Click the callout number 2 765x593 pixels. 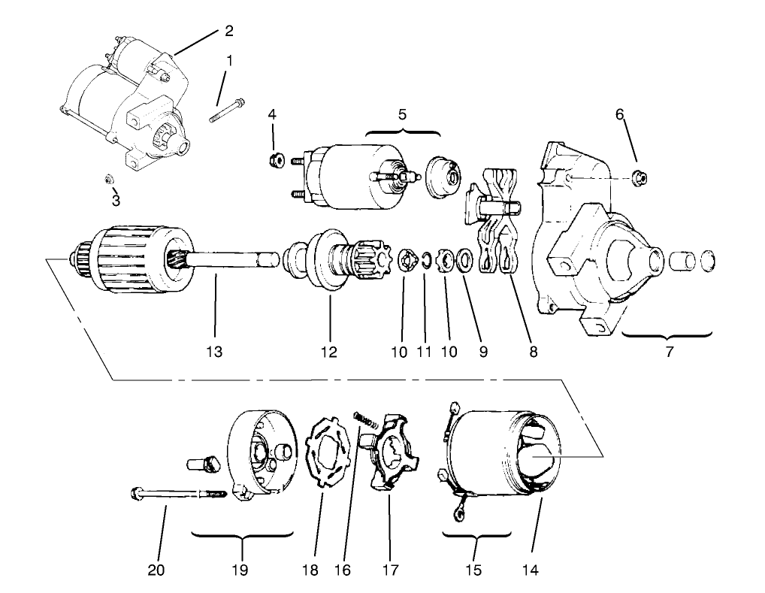click(x=229, y=31)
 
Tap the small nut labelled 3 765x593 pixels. click(x=108, y=180)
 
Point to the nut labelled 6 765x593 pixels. click(x=641, y=177)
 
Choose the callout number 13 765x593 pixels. click(x=215, y=352)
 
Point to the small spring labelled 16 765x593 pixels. click(x=365, y=415)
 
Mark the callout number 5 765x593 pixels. click(x=402, y=115)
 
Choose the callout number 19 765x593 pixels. click(x=241, y=570)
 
